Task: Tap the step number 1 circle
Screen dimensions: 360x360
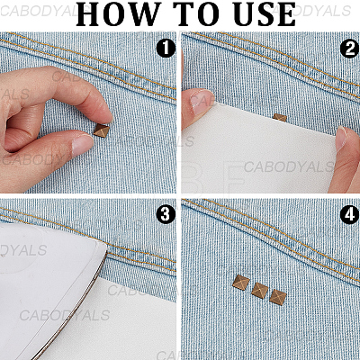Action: coord(166,48)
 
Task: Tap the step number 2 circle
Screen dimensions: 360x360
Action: coord(350,49)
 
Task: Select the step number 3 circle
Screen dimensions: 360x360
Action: coord(166,214)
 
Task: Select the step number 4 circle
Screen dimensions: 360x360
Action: coord(350,215)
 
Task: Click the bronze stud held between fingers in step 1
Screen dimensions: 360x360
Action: coord(102,130)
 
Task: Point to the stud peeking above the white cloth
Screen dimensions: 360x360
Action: coord(280,117)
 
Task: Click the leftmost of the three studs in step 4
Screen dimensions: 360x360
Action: coord(241,283)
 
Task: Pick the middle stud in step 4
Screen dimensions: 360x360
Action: coord(260,290)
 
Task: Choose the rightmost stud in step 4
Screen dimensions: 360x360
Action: coord(278,297)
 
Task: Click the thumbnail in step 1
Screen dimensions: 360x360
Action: coord(82,144)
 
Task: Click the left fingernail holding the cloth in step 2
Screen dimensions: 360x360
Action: coord(201,102)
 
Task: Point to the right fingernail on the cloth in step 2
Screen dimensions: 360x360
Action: coord(341,138)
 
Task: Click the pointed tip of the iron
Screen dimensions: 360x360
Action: coord(105,247)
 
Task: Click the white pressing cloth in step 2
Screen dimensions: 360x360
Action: coord(258,153)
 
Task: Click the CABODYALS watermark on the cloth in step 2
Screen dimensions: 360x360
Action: coord(289,166)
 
